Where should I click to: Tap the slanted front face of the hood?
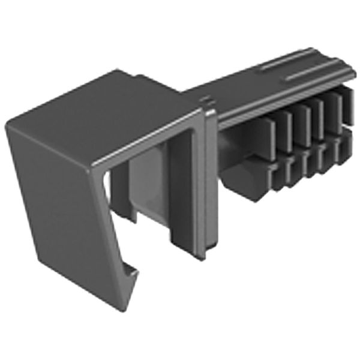(57, 192)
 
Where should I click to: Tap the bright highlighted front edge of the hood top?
(144, 141)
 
